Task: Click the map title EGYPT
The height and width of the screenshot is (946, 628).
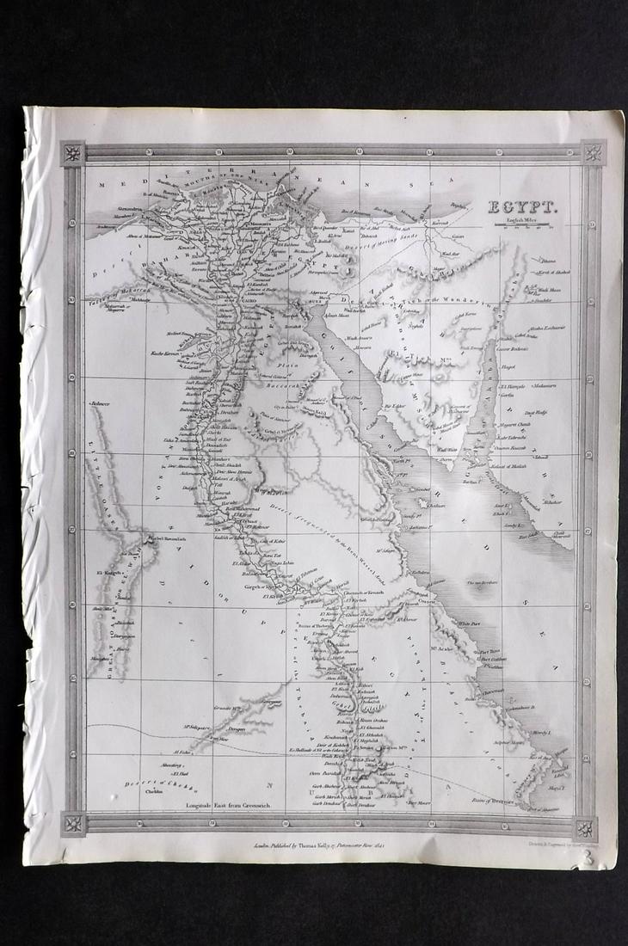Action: click(523, 206)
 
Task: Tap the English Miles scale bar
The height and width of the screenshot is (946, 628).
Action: click(524, 225)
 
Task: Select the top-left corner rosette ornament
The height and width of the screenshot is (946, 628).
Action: click(72, 154)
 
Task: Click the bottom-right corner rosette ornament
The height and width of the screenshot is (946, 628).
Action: click(586, 828)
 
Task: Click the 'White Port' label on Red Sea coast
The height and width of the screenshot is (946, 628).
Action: click(469, 621)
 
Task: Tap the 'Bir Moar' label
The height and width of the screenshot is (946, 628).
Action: click(419, 802)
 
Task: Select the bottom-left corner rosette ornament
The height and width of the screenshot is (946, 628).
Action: click(72, 824)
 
